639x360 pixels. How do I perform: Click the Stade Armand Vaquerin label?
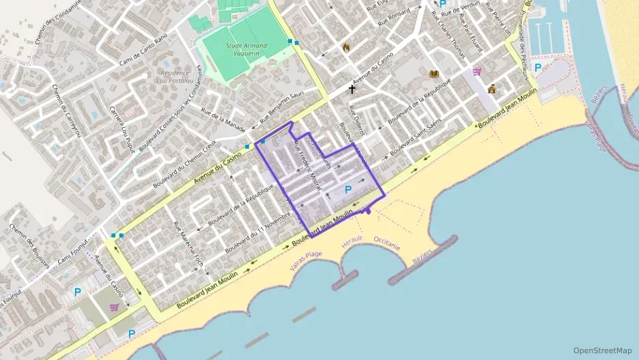click(x=246, y=49)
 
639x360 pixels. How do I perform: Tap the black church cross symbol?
click(x=352, y=89)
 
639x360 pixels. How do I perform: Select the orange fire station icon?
click(x=346, y=48)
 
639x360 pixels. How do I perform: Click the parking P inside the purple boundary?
click(x=348, y=189)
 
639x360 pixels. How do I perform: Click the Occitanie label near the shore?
click(x=388, y=243)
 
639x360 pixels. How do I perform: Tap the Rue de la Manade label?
click(x=222, y=112)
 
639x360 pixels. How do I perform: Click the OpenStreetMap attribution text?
click(x=602, y=350)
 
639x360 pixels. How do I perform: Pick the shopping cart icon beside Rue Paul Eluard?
click(x=477, y=71)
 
